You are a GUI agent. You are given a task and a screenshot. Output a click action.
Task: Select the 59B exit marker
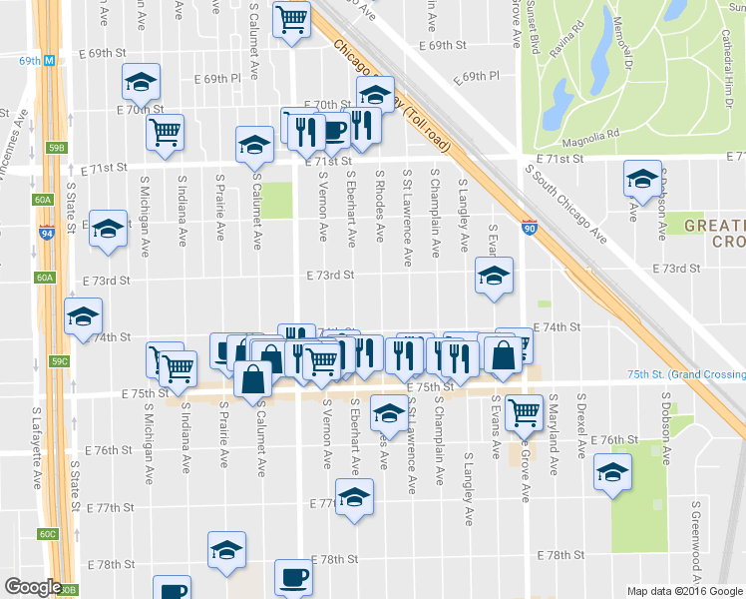point(57,149)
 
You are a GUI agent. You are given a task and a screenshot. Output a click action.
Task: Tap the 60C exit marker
point(48,534)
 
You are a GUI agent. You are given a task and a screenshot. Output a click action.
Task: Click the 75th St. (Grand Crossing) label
point(687,374)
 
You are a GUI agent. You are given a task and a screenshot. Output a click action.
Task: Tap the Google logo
point(33,587)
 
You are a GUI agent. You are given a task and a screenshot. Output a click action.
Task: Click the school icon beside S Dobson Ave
point(642,179)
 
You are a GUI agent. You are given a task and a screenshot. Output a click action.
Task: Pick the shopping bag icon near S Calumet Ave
point(253,378)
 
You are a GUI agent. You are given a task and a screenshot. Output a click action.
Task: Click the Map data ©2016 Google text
point(684,591)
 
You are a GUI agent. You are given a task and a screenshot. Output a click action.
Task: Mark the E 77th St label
point(329,505)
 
